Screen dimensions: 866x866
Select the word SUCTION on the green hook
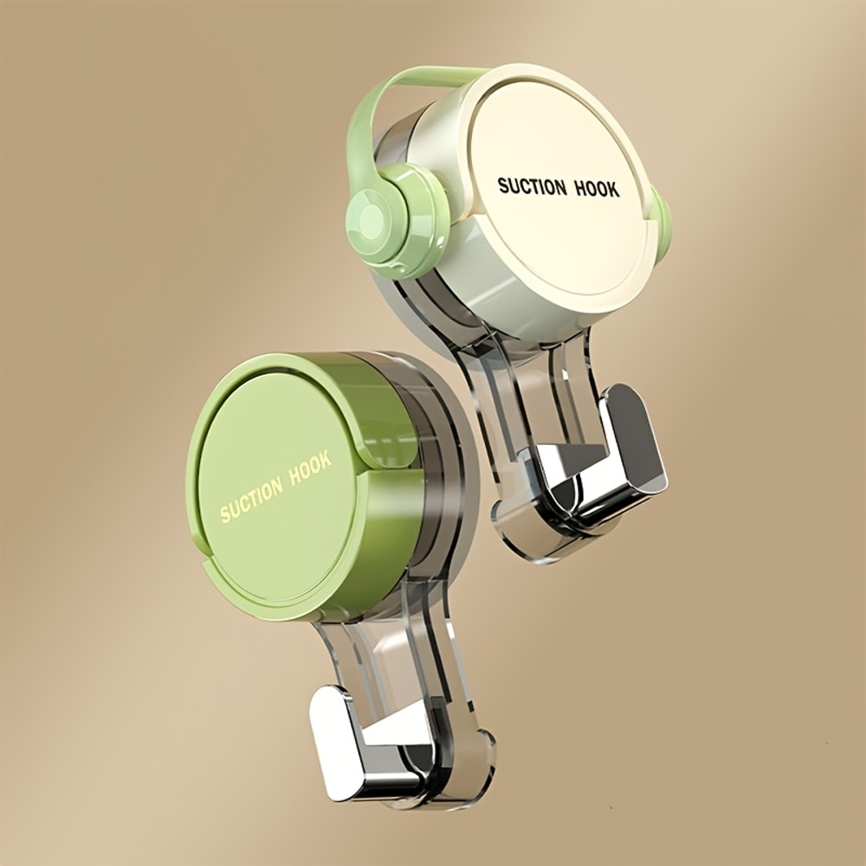(x=251, y=500)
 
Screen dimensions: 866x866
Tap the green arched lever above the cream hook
(x=407, y=87)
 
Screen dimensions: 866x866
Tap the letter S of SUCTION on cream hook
(x=502, y=185)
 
